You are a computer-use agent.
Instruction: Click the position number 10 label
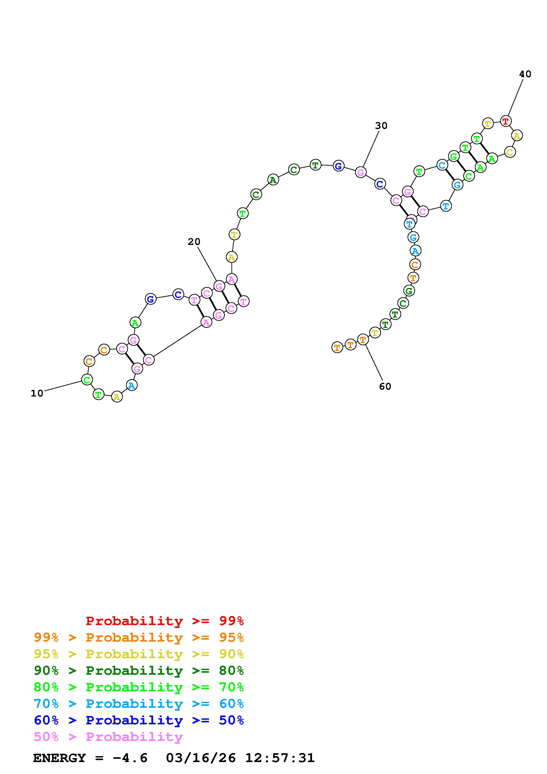37,393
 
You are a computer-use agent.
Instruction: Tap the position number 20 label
194,242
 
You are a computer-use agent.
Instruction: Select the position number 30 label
381,126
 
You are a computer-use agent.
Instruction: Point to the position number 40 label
525,74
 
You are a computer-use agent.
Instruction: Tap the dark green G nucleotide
409,291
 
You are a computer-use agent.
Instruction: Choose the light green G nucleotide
454,156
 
